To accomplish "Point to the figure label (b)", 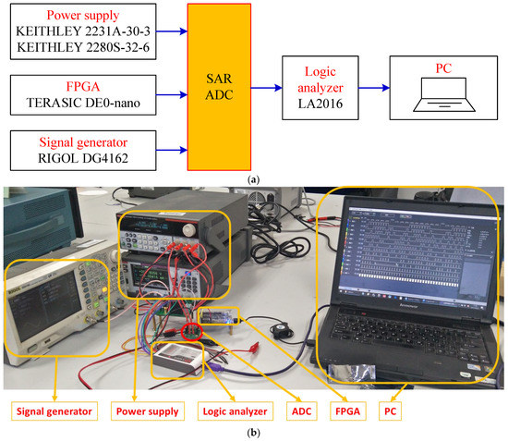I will (254, 432).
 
